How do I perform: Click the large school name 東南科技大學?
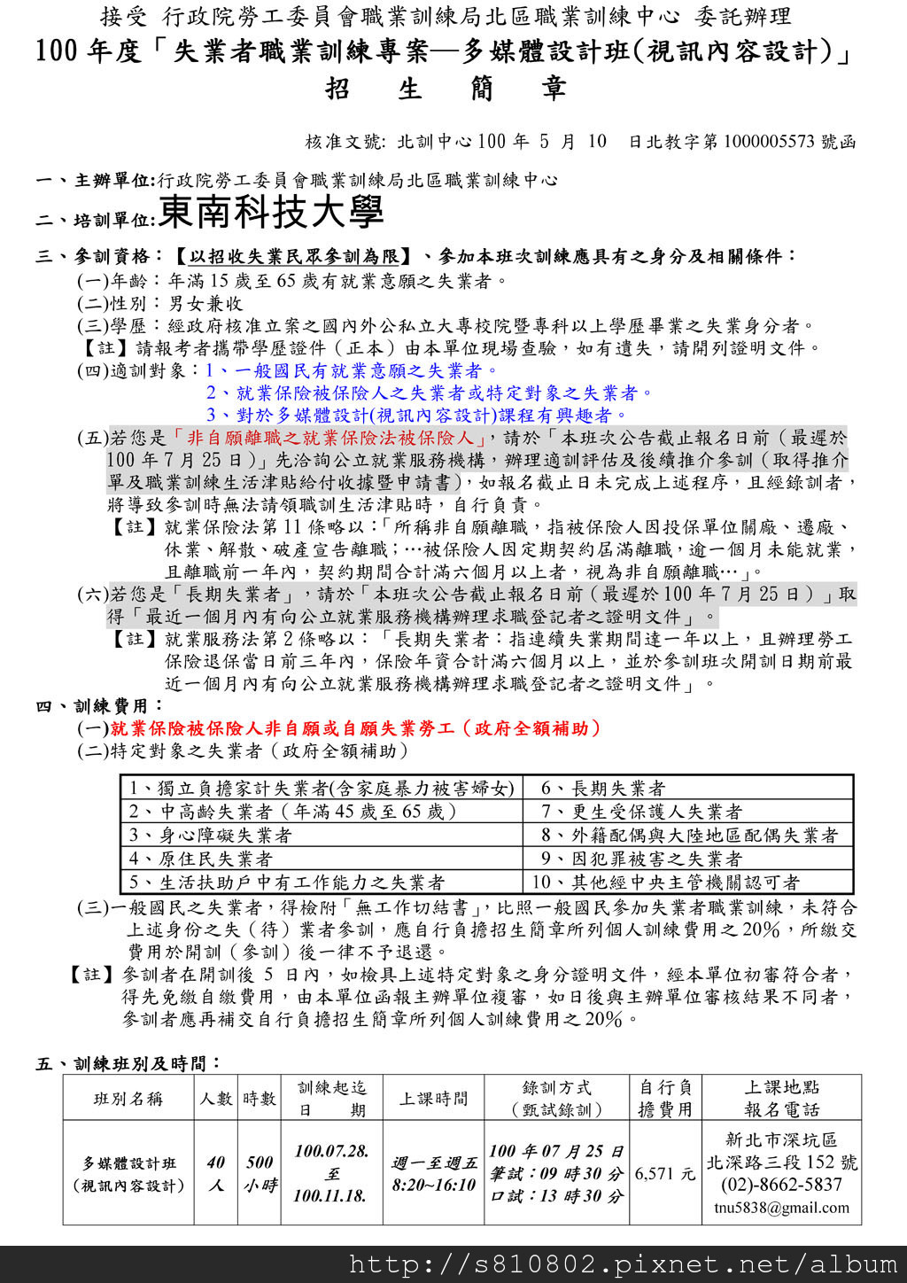(271, 213)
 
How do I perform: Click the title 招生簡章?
(446, 89)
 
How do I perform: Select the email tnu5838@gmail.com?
(781, 1208)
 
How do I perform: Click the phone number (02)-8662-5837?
(781, 1185)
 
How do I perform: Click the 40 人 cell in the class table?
(215, 1173)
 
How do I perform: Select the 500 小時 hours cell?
(260, 1173)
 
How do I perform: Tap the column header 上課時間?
(433, 1099)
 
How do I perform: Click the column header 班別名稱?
(128, 1099)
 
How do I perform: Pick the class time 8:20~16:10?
(434, 1186)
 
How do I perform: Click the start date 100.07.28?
(331, 1151)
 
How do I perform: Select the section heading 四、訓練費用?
(99, 706)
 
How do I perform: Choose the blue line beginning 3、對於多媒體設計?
(416, 415)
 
